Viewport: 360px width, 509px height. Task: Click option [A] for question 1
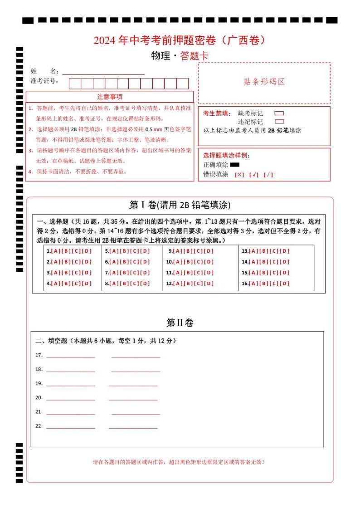pos(55,251)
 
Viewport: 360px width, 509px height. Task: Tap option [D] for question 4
pos(88,284)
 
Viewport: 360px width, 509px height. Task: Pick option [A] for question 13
pos(253,251)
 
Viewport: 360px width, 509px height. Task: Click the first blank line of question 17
pos(71,357)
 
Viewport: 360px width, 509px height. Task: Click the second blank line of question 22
pos(133,428)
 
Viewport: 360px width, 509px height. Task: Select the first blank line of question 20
pos(71,400)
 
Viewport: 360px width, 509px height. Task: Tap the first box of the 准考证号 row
pos(75,83)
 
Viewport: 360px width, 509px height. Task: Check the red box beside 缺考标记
pos(279,113)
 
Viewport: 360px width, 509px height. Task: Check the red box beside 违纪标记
pos(279,122)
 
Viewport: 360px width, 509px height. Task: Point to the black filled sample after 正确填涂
pos(235,165)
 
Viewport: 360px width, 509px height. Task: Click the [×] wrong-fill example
pos(239,175)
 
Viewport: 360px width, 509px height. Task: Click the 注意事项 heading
pos(110,97)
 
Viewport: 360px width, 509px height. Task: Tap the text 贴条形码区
pos(264,82)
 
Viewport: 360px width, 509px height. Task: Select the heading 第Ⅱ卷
pos(180,323)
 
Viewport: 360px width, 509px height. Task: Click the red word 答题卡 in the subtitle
pos(194,56)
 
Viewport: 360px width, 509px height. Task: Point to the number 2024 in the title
pos(105,40)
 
